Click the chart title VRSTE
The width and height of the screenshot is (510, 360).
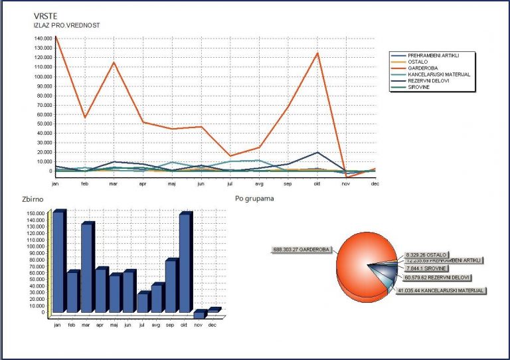click(44, 16)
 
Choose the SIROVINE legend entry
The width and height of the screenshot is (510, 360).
click(417, 87)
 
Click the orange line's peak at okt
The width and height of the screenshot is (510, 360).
click(317, 53)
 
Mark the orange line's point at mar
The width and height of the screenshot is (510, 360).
click(114, 62)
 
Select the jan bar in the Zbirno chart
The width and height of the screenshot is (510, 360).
click(58, 262)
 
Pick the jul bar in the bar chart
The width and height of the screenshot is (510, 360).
click(142, 303)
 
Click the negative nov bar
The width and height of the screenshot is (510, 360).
click(199, 315)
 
